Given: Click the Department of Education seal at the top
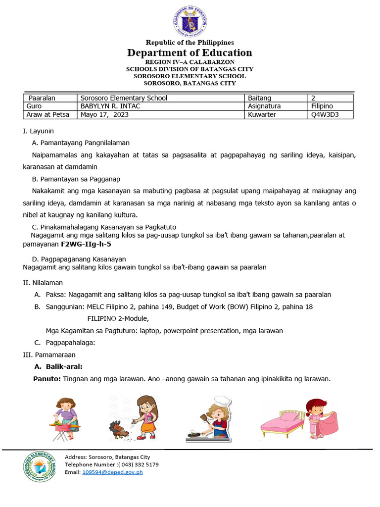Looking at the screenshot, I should tap(190, 21).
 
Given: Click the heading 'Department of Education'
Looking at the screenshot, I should tap(190, 52).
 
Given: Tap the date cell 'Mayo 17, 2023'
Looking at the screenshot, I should tap(102, 114).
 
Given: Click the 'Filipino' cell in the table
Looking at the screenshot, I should tap(322, 106).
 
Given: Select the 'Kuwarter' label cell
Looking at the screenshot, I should tap(262, 114).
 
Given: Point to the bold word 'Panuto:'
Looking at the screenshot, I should tap(47, 379).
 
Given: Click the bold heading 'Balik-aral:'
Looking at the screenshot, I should tap(64, 367).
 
